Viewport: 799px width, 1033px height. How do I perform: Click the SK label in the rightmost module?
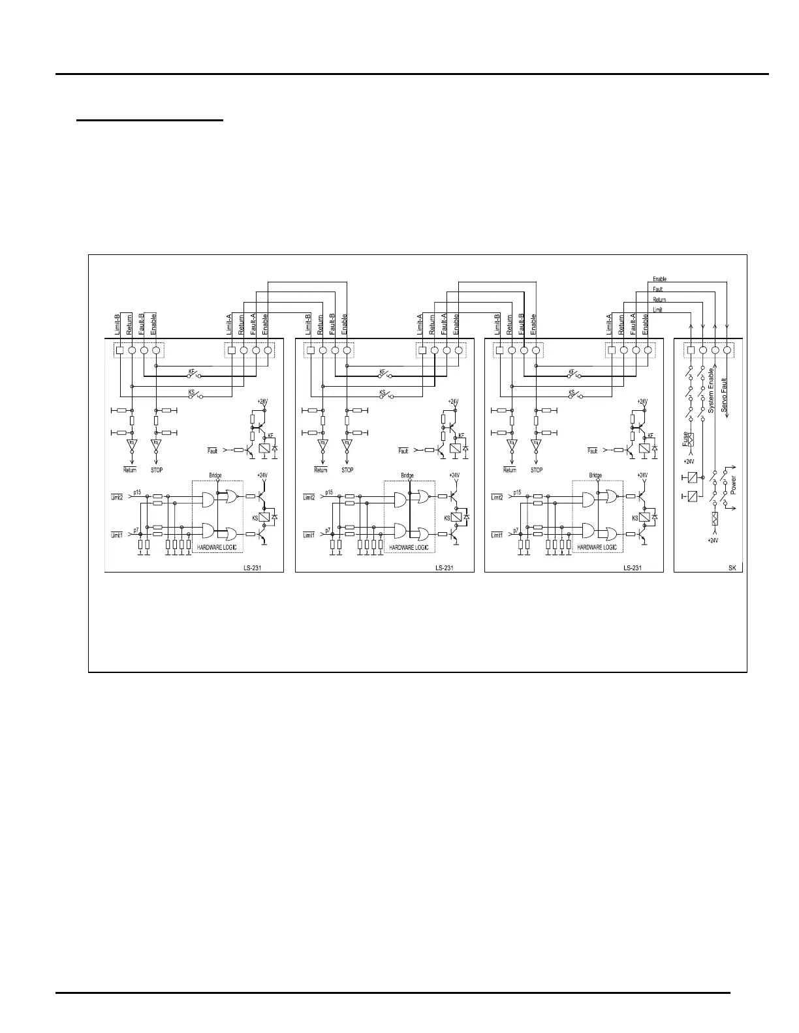tap(732, 567)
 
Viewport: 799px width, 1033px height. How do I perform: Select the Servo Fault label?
tap(724, 395)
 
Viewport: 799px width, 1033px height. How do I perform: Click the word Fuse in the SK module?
tap(685, 439)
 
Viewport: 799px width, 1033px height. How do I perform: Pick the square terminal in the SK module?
tap(691, 350)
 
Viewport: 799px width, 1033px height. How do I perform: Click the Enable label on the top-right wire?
tap(659, 279)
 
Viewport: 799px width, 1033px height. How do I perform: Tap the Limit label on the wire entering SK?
tap(657, 310)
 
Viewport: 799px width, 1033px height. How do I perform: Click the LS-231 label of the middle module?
tap(445, 567)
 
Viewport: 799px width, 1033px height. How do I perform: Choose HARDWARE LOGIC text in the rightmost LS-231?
tap(597, 547)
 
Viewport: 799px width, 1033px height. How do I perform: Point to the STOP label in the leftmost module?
tap(157, 470)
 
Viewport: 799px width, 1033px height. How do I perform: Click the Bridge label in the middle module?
tap(407, 475)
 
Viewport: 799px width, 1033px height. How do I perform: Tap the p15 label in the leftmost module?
tap(137, 491)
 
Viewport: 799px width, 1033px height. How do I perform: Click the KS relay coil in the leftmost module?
tap(265, 516)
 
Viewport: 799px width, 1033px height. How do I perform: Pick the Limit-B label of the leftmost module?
tap(117, 325)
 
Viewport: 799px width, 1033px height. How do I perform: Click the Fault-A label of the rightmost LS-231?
tap(633, 325)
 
